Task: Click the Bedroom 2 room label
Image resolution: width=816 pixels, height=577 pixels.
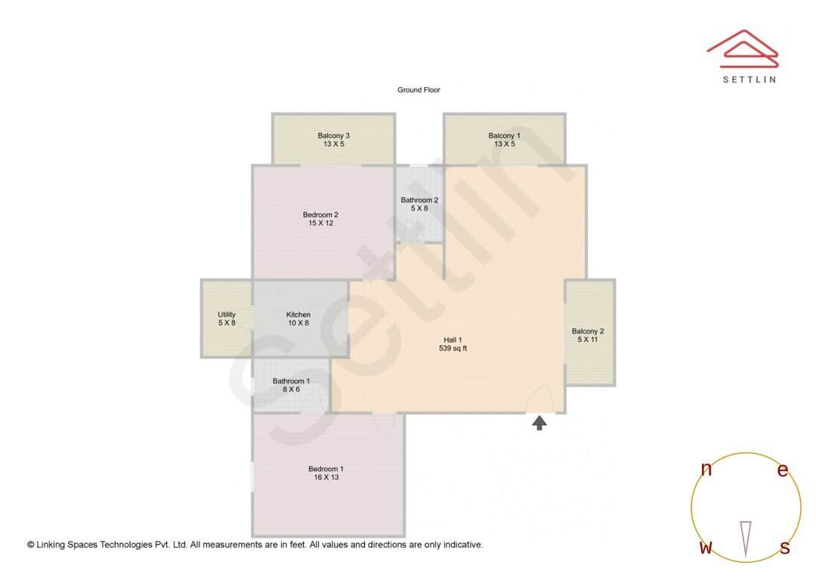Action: pos(320,214)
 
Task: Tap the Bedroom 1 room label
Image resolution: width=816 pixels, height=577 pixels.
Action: pos(326,469)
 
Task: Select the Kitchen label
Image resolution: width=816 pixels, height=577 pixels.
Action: pos(298,315)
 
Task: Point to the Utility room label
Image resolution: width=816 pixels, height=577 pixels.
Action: pos(227,315)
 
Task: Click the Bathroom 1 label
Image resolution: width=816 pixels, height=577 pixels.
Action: pos(291,381)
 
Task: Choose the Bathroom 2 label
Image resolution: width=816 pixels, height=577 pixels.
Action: pos(419,200)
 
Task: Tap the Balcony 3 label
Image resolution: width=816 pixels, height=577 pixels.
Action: pos(333,136)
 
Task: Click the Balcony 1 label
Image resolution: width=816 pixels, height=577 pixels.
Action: pos(504,136)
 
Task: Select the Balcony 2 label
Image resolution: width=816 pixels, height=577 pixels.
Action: pos(588,332)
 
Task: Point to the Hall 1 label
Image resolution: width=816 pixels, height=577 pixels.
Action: pos(453,340)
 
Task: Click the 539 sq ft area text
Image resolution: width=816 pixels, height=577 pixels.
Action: pos(453,349)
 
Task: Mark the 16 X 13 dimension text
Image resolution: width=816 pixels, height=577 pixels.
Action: pos(326,478)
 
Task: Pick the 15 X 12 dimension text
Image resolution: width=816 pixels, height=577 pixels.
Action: pos(320,224)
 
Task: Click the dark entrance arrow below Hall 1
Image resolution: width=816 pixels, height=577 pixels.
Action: pos(539,422)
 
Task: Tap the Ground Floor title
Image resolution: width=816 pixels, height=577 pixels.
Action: pos(419,90)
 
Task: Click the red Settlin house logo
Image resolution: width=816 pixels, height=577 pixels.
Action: pos(742,48)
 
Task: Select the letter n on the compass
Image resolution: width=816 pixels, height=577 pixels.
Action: pos(706,469)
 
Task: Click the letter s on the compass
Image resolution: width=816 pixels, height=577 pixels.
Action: pos(785,548)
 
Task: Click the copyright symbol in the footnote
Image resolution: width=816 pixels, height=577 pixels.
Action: pos(31,545)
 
